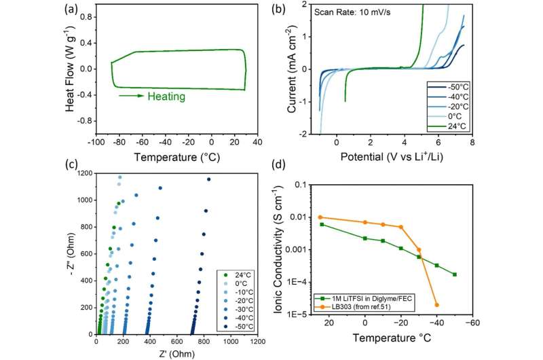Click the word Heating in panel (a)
point(166,96)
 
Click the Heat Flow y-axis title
point(68,68)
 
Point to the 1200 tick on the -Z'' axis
point(83,173)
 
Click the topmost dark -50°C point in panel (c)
point(208,179)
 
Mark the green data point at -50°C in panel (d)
point(454,274)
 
